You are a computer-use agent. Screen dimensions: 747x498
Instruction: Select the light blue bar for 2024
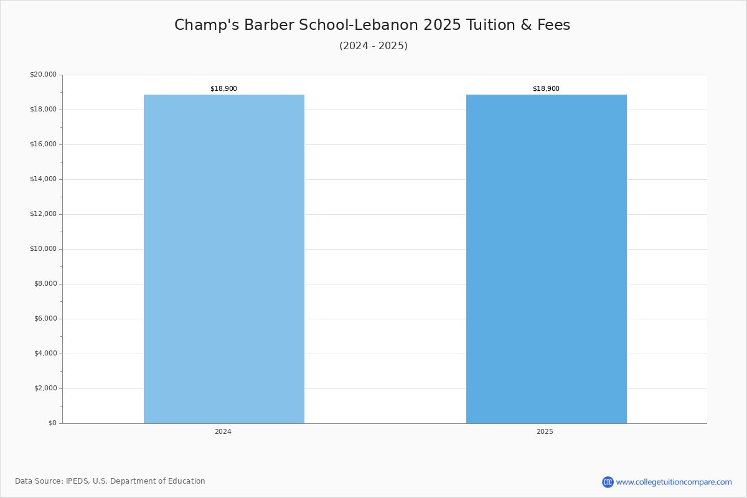pos(223,259)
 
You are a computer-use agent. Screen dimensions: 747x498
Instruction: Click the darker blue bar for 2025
pos(547,259)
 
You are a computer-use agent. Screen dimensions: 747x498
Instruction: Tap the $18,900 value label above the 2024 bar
pos(223,89)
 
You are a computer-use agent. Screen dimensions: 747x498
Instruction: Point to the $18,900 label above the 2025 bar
pos(547,89)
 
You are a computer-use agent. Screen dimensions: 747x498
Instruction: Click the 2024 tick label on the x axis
pos(223,431)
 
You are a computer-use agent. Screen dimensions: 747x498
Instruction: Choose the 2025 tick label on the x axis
pos(545,431)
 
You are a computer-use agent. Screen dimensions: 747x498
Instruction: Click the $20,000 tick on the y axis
pos(44,74)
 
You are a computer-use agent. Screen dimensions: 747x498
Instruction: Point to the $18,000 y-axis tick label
pos(44,110)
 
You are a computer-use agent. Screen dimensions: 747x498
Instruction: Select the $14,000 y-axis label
pos(44,179)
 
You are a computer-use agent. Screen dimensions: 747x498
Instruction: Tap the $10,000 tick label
pos(44,249)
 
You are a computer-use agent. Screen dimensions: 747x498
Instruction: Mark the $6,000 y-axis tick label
pos(45,319)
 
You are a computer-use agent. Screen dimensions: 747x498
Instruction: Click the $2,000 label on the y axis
pos(45,388)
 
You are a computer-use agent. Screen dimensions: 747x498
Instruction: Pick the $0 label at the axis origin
pos(53,423)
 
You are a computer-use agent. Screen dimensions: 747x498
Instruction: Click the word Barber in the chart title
pos(269,25)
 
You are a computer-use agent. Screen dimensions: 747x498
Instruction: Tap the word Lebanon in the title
pos(387,25)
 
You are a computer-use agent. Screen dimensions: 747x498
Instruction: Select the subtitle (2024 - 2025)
pos(374,45)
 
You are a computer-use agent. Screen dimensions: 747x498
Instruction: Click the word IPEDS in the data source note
pos(77,481)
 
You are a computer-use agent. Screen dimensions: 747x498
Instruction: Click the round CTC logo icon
pos(608,482)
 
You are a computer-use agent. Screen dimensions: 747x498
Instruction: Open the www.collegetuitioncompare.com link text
pos(674,482)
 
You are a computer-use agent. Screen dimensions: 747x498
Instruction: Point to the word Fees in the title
pos(553,25)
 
